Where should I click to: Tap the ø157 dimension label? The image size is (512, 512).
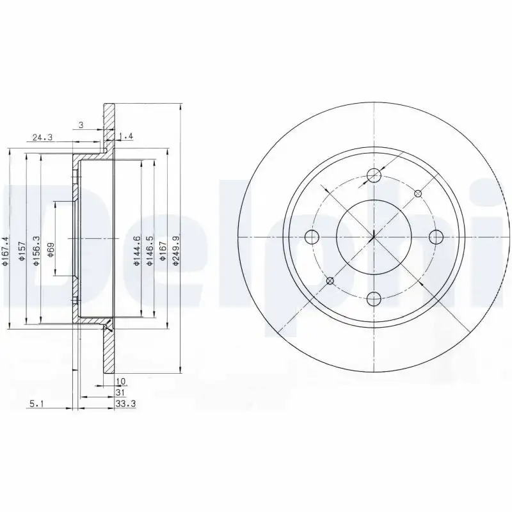(x=21, y=249)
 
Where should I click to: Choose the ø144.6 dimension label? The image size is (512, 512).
(x=136, y=249)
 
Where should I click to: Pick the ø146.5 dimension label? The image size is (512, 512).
(x=150, y=249)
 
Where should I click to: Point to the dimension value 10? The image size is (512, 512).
(x=121, y=381)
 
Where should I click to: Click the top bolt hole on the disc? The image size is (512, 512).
(x=374, y=176)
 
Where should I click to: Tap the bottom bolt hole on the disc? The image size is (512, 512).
(x=374, y=297)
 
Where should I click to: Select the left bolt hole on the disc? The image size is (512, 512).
(x=313, y=237)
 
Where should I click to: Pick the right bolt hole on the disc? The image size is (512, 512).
(x=436, y=237)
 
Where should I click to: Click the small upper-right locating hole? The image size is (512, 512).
(x=418, y=193)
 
